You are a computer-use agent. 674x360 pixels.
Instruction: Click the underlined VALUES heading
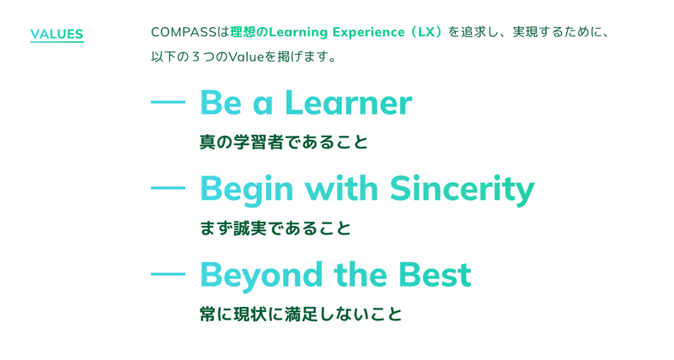coord(56,35)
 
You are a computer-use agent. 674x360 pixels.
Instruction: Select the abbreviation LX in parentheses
coord(426,32)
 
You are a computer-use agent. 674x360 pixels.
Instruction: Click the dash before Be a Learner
coord(168,102)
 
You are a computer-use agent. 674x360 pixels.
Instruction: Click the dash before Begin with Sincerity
coord(168,188)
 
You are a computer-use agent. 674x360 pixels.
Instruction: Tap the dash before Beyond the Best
coord(168,273)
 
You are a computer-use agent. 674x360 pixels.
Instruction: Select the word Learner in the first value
coord(349,103)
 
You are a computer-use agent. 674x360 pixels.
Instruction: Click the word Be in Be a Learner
coord(221,103)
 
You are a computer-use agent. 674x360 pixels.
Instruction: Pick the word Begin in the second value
coord(247,190)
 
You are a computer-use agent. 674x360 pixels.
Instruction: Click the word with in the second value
coord(342,188)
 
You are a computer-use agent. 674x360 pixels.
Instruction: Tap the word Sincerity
coord(462,190)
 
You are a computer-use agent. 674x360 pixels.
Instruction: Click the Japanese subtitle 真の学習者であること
coord(284,142)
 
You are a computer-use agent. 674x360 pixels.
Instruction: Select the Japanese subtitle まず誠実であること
coord(275,228)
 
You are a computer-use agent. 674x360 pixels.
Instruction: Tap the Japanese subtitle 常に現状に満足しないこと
coord(301,314)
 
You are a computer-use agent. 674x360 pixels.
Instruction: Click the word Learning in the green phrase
coord(298,33)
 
